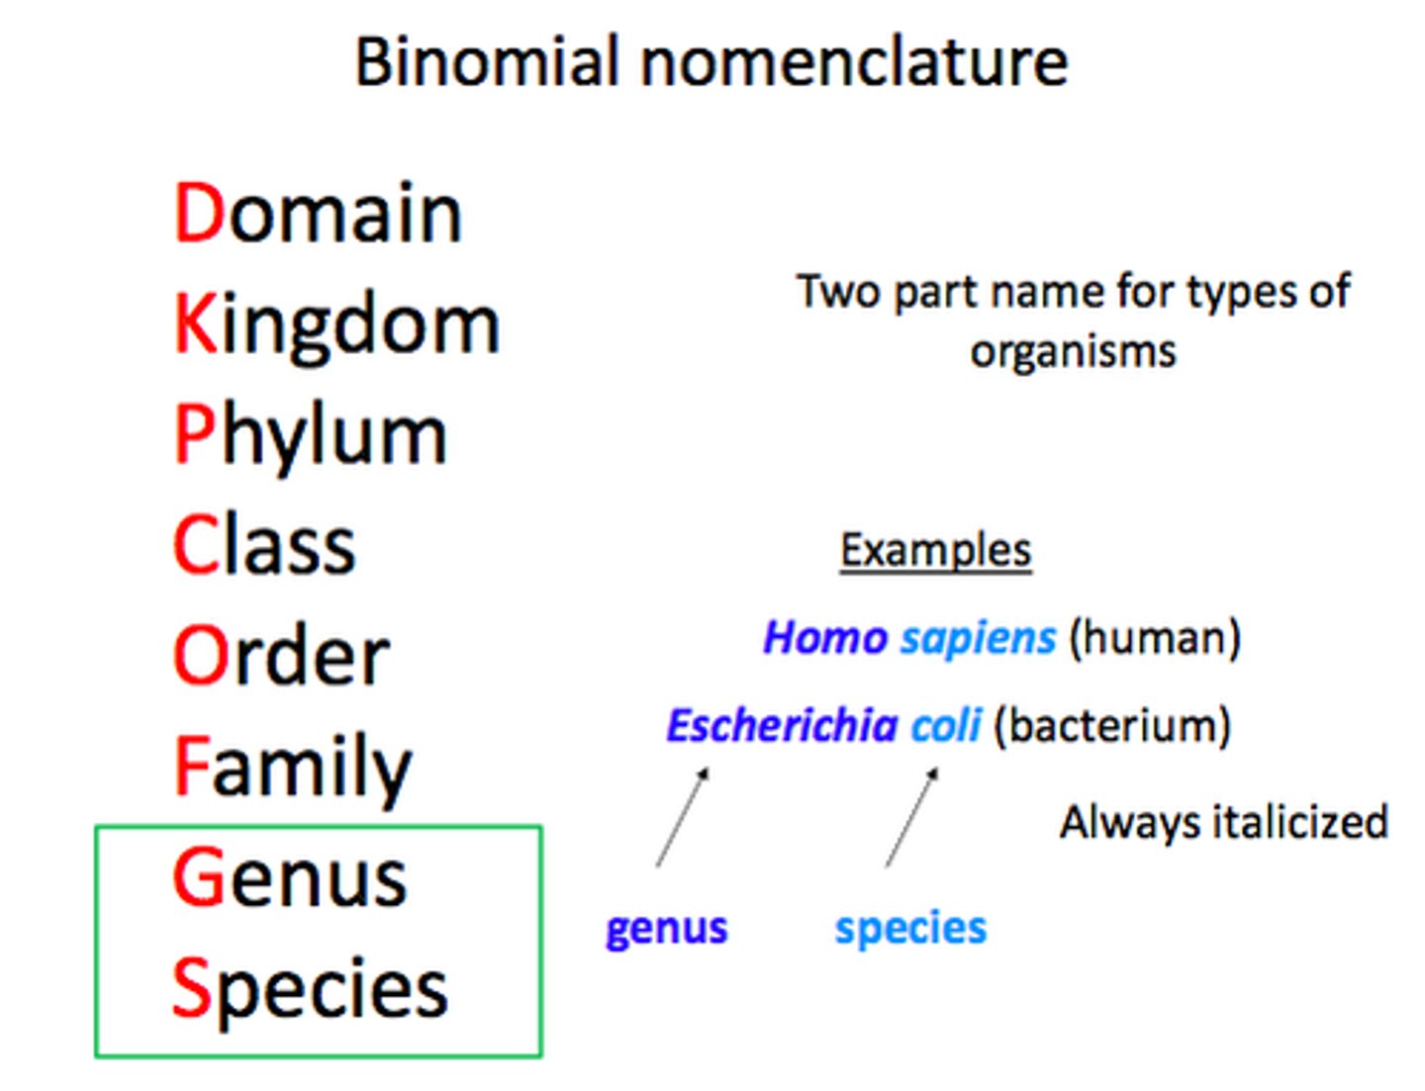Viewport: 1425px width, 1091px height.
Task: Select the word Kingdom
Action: [336, 324]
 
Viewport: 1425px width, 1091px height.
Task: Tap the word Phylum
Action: [310, 436]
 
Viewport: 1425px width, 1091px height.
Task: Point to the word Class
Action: [263, 545]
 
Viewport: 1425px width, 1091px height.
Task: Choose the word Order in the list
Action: [281, 656]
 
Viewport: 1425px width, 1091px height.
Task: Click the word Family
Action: [292, 768]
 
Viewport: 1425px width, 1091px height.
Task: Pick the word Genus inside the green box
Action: [289, 877]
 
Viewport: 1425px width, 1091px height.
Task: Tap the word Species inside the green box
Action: [309, 988]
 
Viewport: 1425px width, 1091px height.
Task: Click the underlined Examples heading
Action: [935, 550]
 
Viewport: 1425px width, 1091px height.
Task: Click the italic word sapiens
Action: [978, 638]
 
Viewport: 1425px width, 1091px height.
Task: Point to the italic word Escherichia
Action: [780, 725]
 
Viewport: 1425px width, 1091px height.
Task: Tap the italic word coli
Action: [945, 725]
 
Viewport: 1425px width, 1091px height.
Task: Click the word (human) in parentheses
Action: [1155, 637]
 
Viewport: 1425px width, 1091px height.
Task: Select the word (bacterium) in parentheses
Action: [1111, 725]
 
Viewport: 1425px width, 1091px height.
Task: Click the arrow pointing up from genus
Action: [683, 817]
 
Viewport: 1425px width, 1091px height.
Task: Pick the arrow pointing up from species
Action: [911, 817]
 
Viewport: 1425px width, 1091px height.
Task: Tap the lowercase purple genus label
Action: [666, 928]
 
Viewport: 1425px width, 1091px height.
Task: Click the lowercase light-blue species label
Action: [910, 928]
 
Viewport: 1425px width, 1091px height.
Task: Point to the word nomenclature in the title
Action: [854, 61]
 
